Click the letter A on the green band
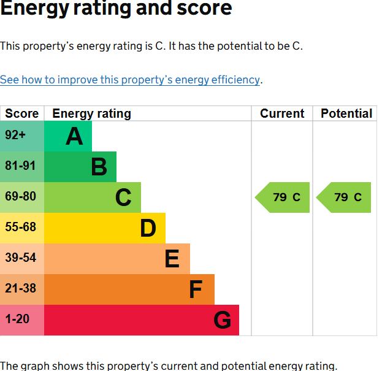point(74,136)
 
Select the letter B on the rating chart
point(99,167)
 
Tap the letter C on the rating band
point(123,197)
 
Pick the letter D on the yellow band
point(148,228)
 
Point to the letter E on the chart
point(172,259)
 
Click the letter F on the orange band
point(196,289)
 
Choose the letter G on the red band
point(222,320)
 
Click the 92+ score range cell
point(21,136)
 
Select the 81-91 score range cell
point(21,166)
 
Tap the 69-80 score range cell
point(21,197)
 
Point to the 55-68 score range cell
point(21,228)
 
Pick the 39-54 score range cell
point(21,258)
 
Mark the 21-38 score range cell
point(21,289)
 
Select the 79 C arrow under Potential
point(346,197)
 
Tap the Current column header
point(282,113)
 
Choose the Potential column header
point(346,113)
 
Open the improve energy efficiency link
point(130,80)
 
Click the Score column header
point(21,113)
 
